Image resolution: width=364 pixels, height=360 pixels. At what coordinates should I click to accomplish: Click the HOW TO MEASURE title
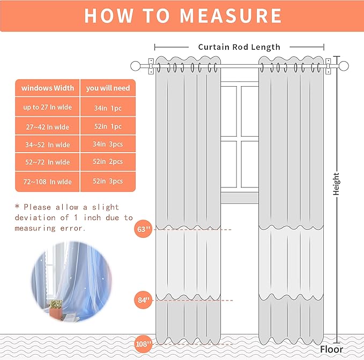pos(182,16)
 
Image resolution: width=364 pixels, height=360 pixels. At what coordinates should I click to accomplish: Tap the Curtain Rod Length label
pos(239,47)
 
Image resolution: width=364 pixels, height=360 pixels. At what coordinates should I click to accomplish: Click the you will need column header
pos(108,88)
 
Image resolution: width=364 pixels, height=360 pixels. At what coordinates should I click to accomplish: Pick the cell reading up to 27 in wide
pos(47,107)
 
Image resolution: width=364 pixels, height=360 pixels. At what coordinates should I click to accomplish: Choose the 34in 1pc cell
pos(108,108)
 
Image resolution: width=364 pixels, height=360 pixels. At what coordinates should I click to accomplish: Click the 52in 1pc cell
pos(108,126)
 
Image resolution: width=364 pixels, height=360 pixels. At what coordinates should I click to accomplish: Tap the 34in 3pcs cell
pos(108,144)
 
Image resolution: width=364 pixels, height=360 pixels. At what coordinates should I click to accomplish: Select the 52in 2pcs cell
pos(108,162)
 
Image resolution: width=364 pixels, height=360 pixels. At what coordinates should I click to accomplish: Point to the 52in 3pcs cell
pos(108,182)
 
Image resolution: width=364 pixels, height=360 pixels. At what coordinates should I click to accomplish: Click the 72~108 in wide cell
pos(47,182)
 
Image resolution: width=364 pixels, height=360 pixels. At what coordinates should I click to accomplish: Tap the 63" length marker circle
pos(143,230)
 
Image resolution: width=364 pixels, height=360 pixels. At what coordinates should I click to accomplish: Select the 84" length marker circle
pos(143,299)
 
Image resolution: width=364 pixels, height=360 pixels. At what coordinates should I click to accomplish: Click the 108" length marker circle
pos(143,343)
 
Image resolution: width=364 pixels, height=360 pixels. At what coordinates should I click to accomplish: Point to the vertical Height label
pos(337,183)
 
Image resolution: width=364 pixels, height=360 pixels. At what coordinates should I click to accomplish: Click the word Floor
pos(331,349)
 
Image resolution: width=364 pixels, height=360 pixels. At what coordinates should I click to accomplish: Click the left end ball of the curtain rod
pos(136,66)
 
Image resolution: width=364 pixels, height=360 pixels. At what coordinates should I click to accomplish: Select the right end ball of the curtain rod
pos(344,66)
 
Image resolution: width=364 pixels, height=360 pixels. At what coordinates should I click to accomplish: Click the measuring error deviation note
pos(73,217)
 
